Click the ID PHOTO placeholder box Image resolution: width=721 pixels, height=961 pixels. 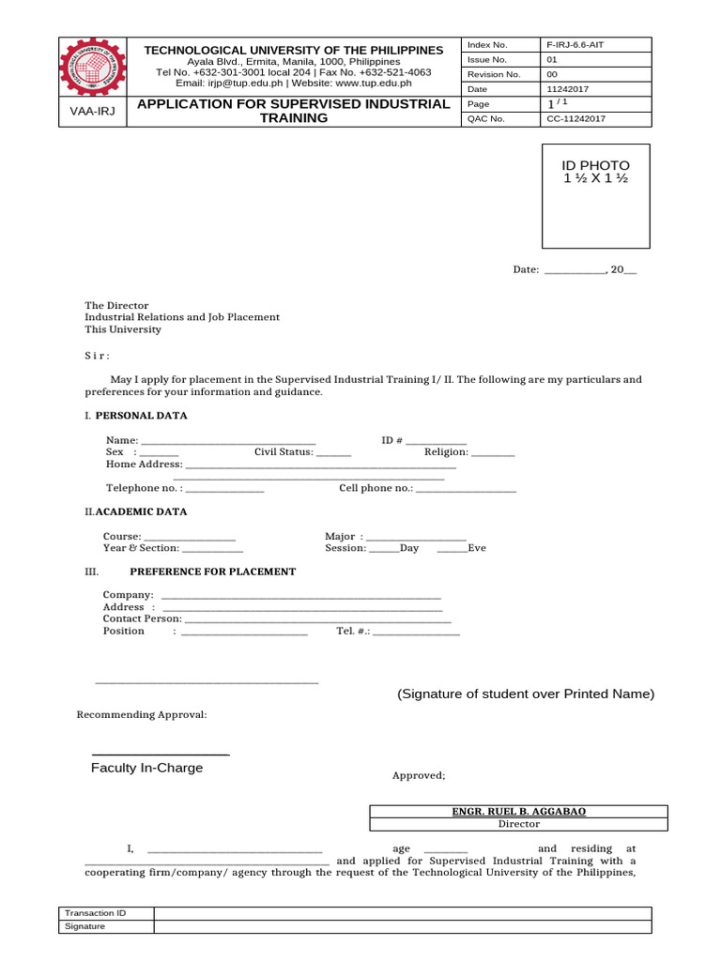click(x=596, y=195)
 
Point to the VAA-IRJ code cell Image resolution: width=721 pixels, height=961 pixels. click(x=92, y=112)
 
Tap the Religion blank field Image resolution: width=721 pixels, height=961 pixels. click(x=493, y=453)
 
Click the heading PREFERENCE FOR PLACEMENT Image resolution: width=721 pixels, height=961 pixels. click(x=212, y=572)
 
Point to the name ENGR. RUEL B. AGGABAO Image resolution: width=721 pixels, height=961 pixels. click(x=518, y=812)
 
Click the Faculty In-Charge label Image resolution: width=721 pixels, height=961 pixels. click(x=146, y=768)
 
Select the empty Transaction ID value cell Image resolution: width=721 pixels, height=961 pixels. click(x=402, y=913)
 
